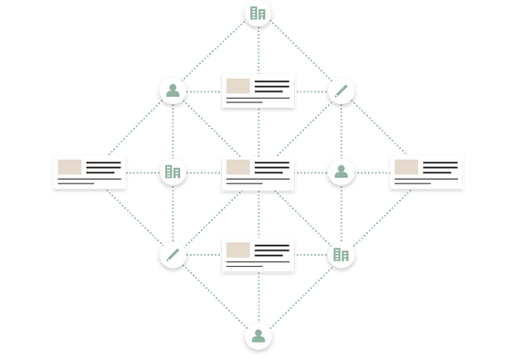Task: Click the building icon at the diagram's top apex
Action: tap(258, 13)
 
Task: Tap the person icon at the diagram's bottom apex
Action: tap(258, 335)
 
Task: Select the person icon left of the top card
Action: tap(173, 90)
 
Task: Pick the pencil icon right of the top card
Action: tap(341, 90)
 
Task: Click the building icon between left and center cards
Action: tap(173, 171)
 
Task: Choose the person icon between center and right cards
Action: tap(341, 171)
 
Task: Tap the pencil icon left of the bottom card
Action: tap(173, 254)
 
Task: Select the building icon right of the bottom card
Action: tap(341, 254)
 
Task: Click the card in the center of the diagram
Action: tap(258, 173)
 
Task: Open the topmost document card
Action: tap(258, 90)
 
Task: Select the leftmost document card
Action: tap(90, 172)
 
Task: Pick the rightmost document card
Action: tap(426, 172)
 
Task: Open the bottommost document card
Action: tap(258, 254)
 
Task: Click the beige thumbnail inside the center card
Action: tap(238, 167)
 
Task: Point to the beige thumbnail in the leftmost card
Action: tap(69, 167)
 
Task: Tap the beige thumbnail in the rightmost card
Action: tap(406, 167)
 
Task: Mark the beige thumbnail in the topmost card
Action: tap(238, 86)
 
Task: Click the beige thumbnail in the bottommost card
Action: tap(238, 249)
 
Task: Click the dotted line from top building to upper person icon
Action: tap(216, 51)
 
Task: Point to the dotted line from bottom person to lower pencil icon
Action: tap(216, 295)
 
